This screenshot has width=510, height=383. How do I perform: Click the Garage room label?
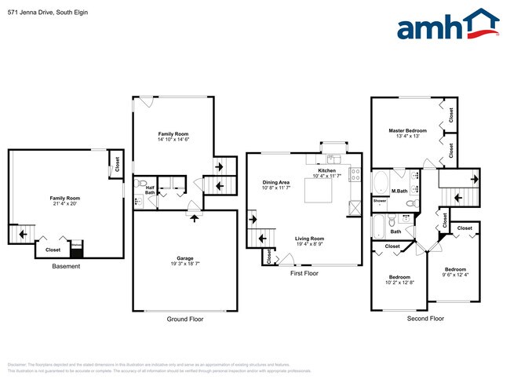[185, 258]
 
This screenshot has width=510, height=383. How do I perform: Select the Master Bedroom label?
[407, 130]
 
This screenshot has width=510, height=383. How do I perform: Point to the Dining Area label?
[275, 183]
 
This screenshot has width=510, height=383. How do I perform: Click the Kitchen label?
[327, 170]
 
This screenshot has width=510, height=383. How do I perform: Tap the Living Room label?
[309, 239]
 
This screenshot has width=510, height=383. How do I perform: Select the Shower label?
[380, 201]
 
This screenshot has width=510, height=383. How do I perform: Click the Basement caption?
[66, 266]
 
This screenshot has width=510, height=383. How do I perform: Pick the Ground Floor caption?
[185, 319]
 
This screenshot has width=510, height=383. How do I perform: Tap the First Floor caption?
[304, 274]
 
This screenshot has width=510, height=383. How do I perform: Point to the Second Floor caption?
[425, 319]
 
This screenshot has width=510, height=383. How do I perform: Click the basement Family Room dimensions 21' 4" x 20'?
[65, 204]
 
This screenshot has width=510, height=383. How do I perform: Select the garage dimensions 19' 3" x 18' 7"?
[185, 264]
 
